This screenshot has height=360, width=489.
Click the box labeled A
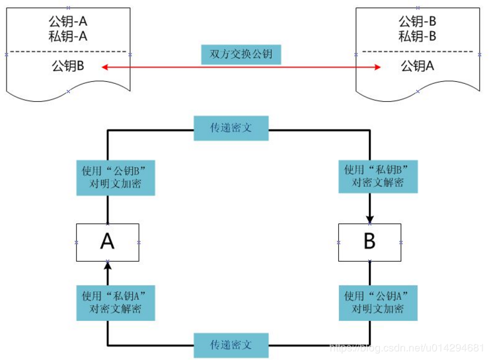108,242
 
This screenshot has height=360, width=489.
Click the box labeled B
369,242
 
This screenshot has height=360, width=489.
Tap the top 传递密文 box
231,128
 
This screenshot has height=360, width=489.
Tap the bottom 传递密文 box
231,345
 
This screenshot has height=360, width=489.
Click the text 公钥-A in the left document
69,22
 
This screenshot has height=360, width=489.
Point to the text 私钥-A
69,37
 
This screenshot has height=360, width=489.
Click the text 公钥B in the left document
67,66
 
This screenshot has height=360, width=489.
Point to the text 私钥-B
418,36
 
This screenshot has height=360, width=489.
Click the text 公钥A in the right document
418,66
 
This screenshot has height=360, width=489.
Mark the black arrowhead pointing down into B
369,219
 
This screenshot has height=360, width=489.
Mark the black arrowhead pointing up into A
108,266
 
